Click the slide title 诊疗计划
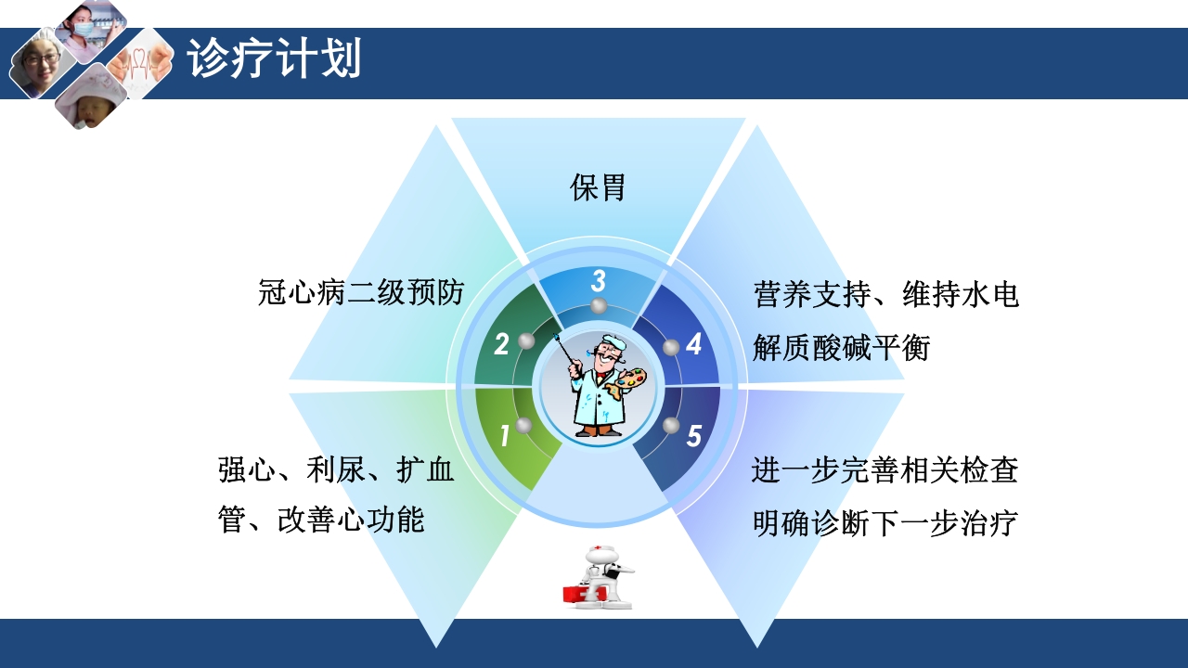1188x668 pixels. tap(274, 60)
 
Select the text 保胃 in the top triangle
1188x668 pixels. tap(598, 187)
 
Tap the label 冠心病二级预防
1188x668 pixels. tap(360, 293)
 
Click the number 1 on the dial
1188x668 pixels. tap(505, 435)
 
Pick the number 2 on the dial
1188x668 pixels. tap(501, 345)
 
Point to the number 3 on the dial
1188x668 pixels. tap(599, 280)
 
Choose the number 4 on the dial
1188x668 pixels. tap(693, 345)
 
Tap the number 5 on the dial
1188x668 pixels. tap(693, 435)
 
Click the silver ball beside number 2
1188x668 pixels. tap(526, 341)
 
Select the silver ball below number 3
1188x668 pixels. tap(599, 305)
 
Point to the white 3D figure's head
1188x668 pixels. tap(598, 557)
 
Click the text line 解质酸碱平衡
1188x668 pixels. tap(841, 348)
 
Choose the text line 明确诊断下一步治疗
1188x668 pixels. tap(885, 523)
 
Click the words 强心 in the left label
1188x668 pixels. tap(246, 470)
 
